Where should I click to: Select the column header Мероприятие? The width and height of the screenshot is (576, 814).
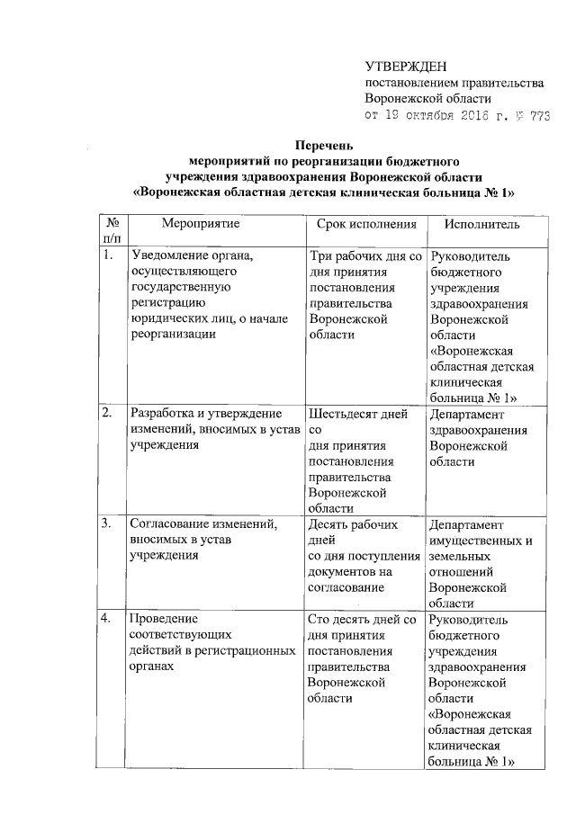point(202,222)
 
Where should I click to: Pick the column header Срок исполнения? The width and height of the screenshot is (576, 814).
point(362,222)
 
